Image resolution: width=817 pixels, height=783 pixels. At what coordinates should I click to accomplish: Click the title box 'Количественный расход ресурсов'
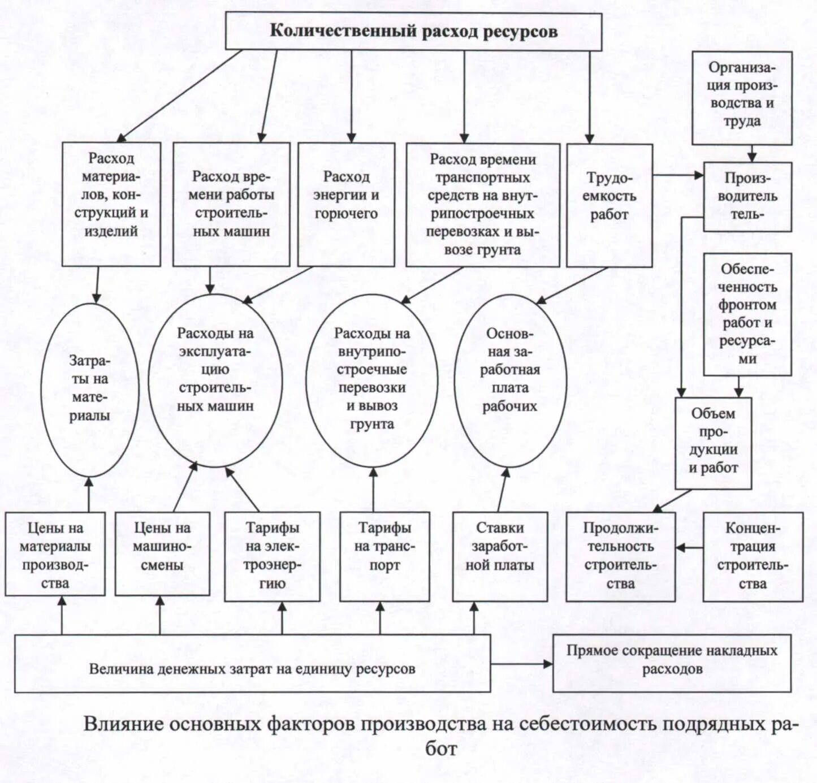[x=413, y=32]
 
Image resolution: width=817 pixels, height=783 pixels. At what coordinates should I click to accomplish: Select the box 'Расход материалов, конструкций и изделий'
[x=111, y=204]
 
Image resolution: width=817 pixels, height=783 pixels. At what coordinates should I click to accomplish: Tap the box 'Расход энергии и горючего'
[x=346, y=204]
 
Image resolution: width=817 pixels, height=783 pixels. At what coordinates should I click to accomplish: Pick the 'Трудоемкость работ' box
[x=609, y=204]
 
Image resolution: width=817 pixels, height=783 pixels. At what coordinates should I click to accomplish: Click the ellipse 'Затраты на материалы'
[x=89, y=389]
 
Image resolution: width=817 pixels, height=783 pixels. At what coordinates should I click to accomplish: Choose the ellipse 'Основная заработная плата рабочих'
[x=509, y=380]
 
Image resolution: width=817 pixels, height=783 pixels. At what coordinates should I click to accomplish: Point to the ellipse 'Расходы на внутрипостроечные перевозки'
[x=371, y=380]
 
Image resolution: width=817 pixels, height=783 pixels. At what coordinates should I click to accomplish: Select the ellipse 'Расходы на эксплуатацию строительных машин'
[x=215, y=380]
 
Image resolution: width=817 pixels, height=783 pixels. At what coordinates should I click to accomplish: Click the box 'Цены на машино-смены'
[x=162, y=553]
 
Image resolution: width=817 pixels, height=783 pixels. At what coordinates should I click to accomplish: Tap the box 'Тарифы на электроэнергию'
[x=272, y=556]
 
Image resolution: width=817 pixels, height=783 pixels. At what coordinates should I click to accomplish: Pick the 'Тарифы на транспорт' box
[x=384, y=556]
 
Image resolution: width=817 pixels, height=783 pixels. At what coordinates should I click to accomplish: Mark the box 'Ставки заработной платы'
[x=500, y=556]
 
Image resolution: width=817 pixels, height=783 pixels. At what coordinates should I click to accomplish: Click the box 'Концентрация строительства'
[x=753, y=556]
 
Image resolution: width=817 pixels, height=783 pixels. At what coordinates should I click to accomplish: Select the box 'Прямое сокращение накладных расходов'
[x=672, y=663]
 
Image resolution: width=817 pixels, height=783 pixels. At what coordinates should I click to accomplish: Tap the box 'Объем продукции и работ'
[x=713, y=442]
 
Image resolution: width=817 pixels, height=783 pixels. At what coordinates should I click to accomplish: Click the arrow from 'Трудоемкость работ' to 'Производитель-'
[x=678, y=175]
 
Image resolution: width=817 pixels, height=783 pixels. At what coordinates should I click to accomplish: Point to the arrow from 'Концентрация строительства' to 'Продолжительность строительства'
[x=689, y=547]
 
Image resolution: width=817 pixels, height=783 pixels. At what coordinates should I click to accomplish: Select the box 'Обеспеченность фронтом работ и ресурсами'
[x=747, y=314]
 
